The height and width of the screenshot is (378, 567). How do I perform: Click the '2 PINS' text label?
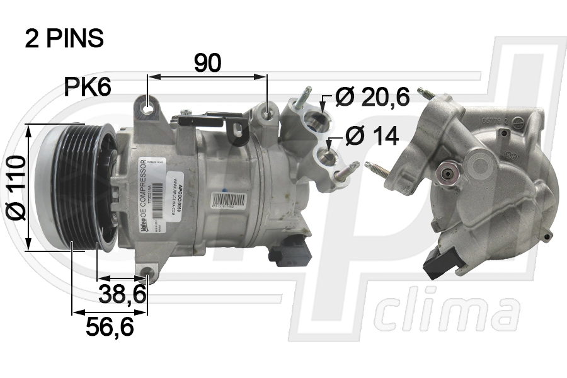tap(64, 38)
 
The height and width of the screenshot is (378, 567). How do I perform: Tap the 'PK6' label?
tap(88, 88)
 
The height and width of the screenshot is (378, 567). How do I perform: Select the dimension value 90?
tap(207, 63)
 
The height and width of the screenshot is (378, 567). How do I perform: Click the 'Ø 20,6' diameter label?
tap(372, 96)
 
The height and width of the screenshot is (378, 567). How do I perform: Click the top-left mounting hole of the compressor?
tap(149, 108)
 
